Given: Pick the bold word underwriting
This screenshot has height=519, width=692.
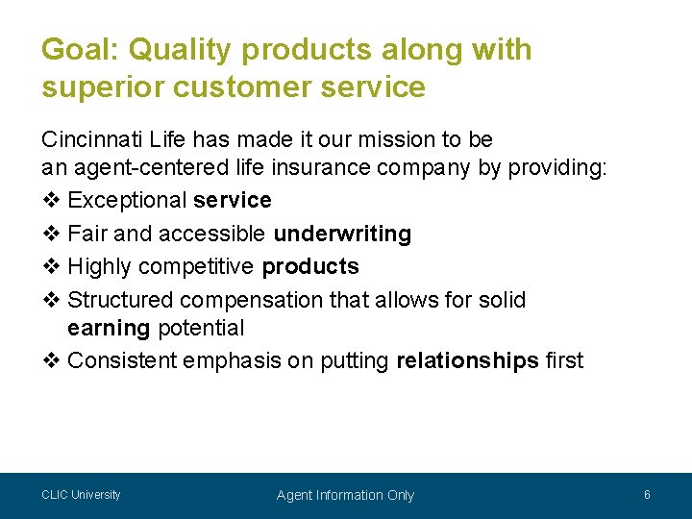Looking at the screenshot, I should coord(342,234).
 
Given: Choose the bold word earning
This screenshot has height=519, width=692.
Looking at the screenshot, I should coord(109,328).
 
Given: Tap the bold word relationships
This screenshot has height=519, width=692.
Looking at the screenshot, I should coord(467,360).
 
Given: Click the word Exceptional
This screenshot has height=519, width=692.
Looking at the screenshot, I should coord(128,201).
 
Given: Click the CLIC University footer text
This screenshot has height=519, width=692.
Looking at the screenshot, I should coord(81,495).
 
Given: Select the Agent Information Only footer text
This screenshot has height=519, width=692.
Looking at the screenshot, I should coord(345,495).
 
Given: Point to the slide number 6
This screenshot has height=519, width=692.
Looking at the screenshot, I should coord(647,495).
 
